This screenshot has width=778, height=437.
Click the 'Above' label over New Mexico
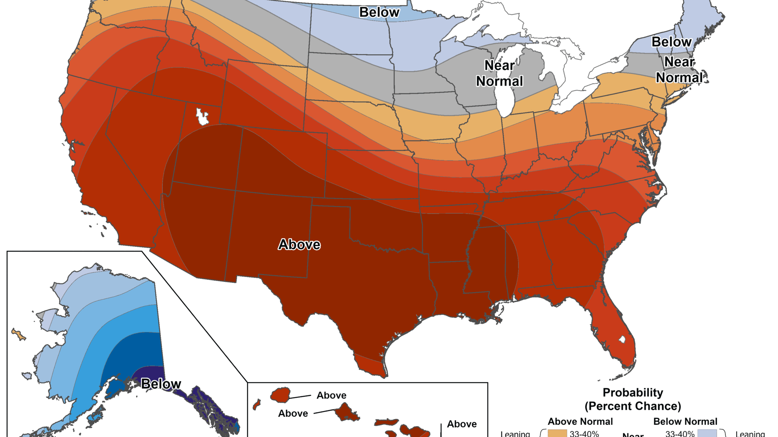point(299,244)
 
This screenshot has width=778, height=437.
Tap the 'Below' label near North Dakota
point(379,12)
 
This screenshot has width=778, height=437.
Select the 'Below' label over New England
point(671,42)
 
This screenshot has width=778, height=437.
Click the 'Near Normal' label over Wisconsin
point(499,73)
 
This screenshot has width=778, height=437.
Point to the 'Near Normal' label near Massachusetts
point(680,70)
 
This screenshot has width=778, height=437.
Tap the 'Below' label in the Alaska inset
point(161,384)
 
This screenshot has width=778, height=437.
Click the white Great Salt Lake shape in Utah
point(202,117)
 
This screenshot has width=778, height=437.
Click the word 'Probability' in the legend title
point(633,392)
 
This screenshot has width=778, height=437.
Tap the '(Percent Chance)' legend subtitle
point(633,406)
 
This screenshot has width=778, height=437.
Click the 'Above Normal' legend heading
point(580,421)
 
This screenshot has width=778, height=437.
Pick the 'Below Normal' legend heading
point(685,421)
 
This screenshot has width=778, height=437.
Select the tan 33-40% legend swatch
point(557,433)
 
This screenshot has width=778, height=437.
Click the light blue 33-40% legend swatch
point(707,433)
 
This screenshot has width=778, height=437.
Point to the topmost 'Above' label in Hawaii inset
point(331,395)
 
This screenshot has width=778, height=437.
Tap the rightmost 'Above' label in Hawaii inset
point(462,424)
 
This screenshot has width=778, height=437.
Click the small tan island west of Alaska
point(18,335)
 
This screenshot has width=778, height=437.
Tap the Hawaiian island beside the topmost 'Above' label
point(280,395)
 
